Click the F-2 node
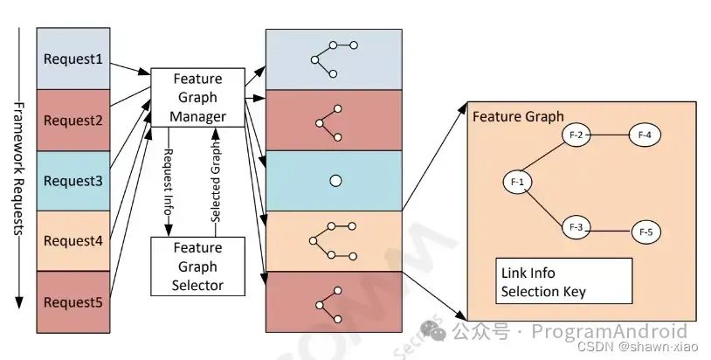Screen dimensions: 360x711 coord(575,135)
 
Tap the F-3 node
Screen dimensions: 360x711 coord(575,227)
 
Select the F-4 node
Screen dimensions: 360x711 coord(645,135)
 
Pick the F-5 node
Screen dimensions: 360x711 coord(645,232)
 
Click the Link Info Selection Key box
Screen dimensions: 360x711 coord(563,282)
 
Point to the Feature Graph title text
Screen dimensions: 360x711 coord(518,116)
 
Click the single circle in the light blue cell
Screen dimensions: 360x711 coord(335,181)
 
